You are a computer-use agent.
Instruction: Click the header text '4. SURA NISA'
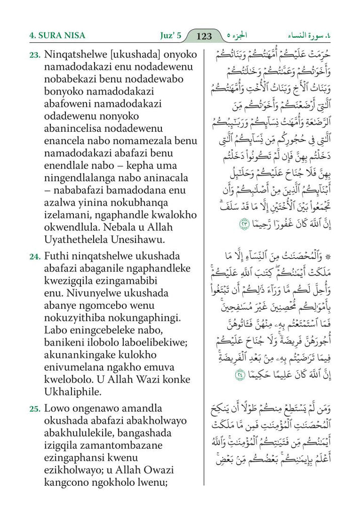[x=57, y=36]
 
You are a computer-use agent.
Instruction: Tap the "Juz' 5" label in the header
[x=167, y=36]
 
